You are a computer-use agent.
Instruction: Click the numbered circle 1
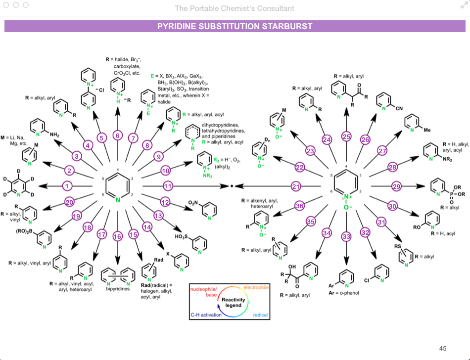(x=68, y=186)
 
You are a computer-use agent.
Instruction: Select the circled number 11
(x=168, y=186)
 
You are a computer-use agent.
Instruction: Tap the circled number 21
(x=296, y=186)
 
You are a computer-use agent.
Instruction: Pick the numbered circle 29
(x=396, y=186)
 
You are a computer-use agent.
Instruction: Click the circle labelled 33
(x=346, y=237)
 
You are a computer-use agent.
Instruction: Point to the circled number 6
(x=117, y=135)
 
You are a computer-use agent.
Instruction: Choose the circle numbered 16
(x=117, y=237)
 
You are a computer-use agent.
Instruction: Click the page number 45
(x=443, y=348)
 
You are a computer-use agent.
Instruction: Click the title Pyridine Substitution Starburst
(x=235, y=26)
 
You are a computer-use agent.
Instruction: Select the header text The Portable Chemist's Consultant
(x=235, y=8)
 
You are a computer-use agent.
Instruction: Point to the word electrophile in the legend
(x=256, y=287)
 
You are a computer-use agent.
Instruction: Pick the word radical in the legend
(x=260, y=315)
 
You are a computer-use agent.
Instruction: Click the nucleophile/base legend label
(x=203, y=292)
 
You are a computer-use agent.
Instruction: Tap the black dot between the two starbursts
(x=231, y=186)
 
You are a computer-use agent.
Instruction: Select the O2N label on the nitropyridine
(x=193, y=203)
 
